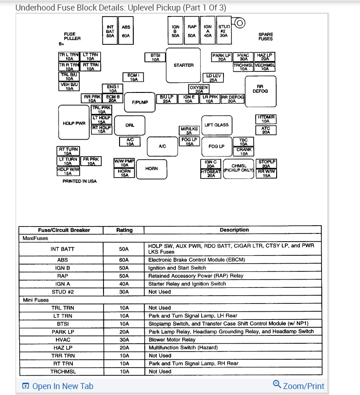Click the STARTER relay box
click(184, 65)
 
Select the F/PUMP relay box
click(140, 102)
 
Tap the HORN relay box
click(152, 168)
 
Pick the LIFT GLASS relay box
click(217, 124)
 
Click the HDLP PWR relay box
click(74, 123)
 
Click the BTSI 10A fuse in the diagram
click(155, 57)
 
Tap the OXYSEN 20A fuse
click(199, 89)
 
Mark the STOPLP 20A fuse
click(267, 164)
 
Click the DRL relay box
click(130, 124)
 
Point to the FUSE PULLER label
click(72, 36)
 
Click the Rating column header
click(125, 230)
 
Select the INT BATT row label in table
click(62, 249)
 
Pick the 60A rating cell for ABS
click(124, 260)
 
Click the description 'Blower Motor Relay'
click(172, 340)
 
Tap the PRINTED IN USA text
click(80, 181)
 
